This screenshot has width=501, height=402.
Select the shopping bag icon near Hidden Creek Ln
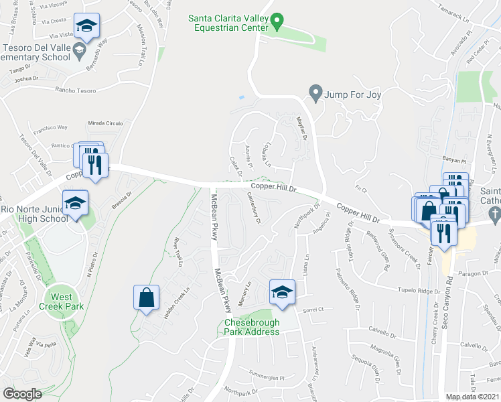click(x=147, y=297)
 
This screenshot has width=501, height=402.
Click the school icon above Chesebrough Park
click(x=282, y=292)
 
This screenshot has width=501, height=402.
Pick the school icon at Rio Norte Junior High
click(x=75, y=202)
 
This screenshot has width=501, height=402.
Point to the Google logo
click(x=22, y=393)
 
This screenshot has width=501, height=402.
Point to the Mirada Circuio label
click(x=105, y=123)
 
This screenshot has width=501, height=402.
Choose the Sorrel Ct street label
click(x=312, y=309)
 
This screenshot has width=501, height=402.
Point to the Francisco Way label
click(x=52, y=127)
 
